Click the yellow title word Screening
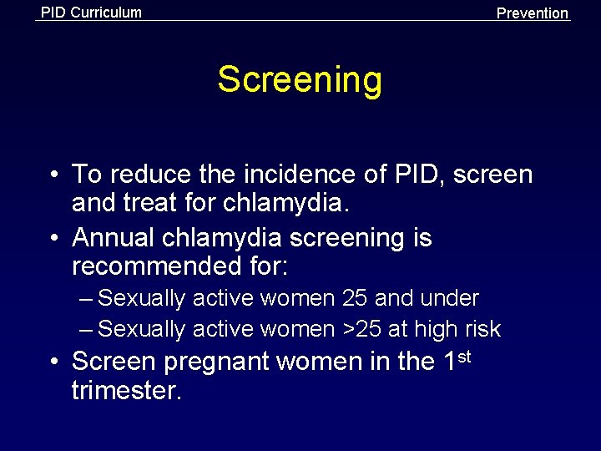[x=300, y=81]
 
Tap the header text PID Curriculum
[x=91, y=13]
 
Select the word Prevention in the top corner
[x=532, y=13]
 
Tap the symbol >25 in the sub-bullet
[x=362, y=329]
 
